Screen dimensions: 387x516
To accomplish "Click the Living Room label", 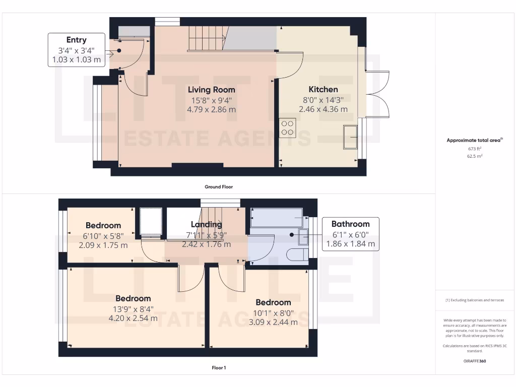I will [x=212, y=90].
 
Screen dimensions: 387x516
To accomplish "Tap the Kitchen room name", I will [x=323, y=89].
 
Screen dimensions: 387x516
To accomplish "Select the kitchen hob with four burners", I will [x=288, y=127].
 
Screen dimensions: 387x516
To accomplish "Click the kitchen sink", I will [x=350, y=137].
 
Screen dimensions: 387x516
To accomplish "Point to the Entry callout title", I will [x=77, y=40].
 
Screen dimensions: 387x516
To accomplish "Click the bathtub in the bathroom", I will [x=276, y=218].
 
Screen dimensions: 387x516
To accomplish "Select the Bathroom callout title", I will [x=350, y=224].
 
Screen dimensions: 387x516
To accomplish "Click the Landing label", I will [x=206, y=225].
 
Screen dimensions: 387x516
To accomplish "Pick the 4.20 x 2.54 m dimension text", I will [x=133, y=318].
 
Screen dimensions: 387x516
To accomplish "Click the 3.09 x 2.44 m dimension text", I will [x=273, y=322].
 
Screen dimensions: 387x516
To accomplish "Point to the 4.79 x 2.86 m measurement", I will [x=212, y=109].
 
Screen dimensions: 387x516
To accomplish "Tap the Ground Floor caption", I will [x=219, y=186].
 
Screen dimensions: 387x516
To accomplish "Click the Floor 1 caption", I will [x=219, y=368].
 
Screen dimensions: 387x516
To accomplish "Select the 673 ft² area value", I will [x=475, y=149].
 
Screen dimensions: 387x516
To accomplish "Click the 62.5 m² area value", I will [x=475, y=156].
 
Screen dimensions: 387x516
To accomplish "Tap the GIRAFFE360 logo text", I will [x=475, y=361].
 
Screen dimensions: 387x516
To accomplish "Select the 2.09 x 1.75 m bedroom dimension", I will [x=103, y=245].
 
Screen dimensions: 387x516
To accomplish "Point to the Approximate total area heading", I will [x=474, y=141].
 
